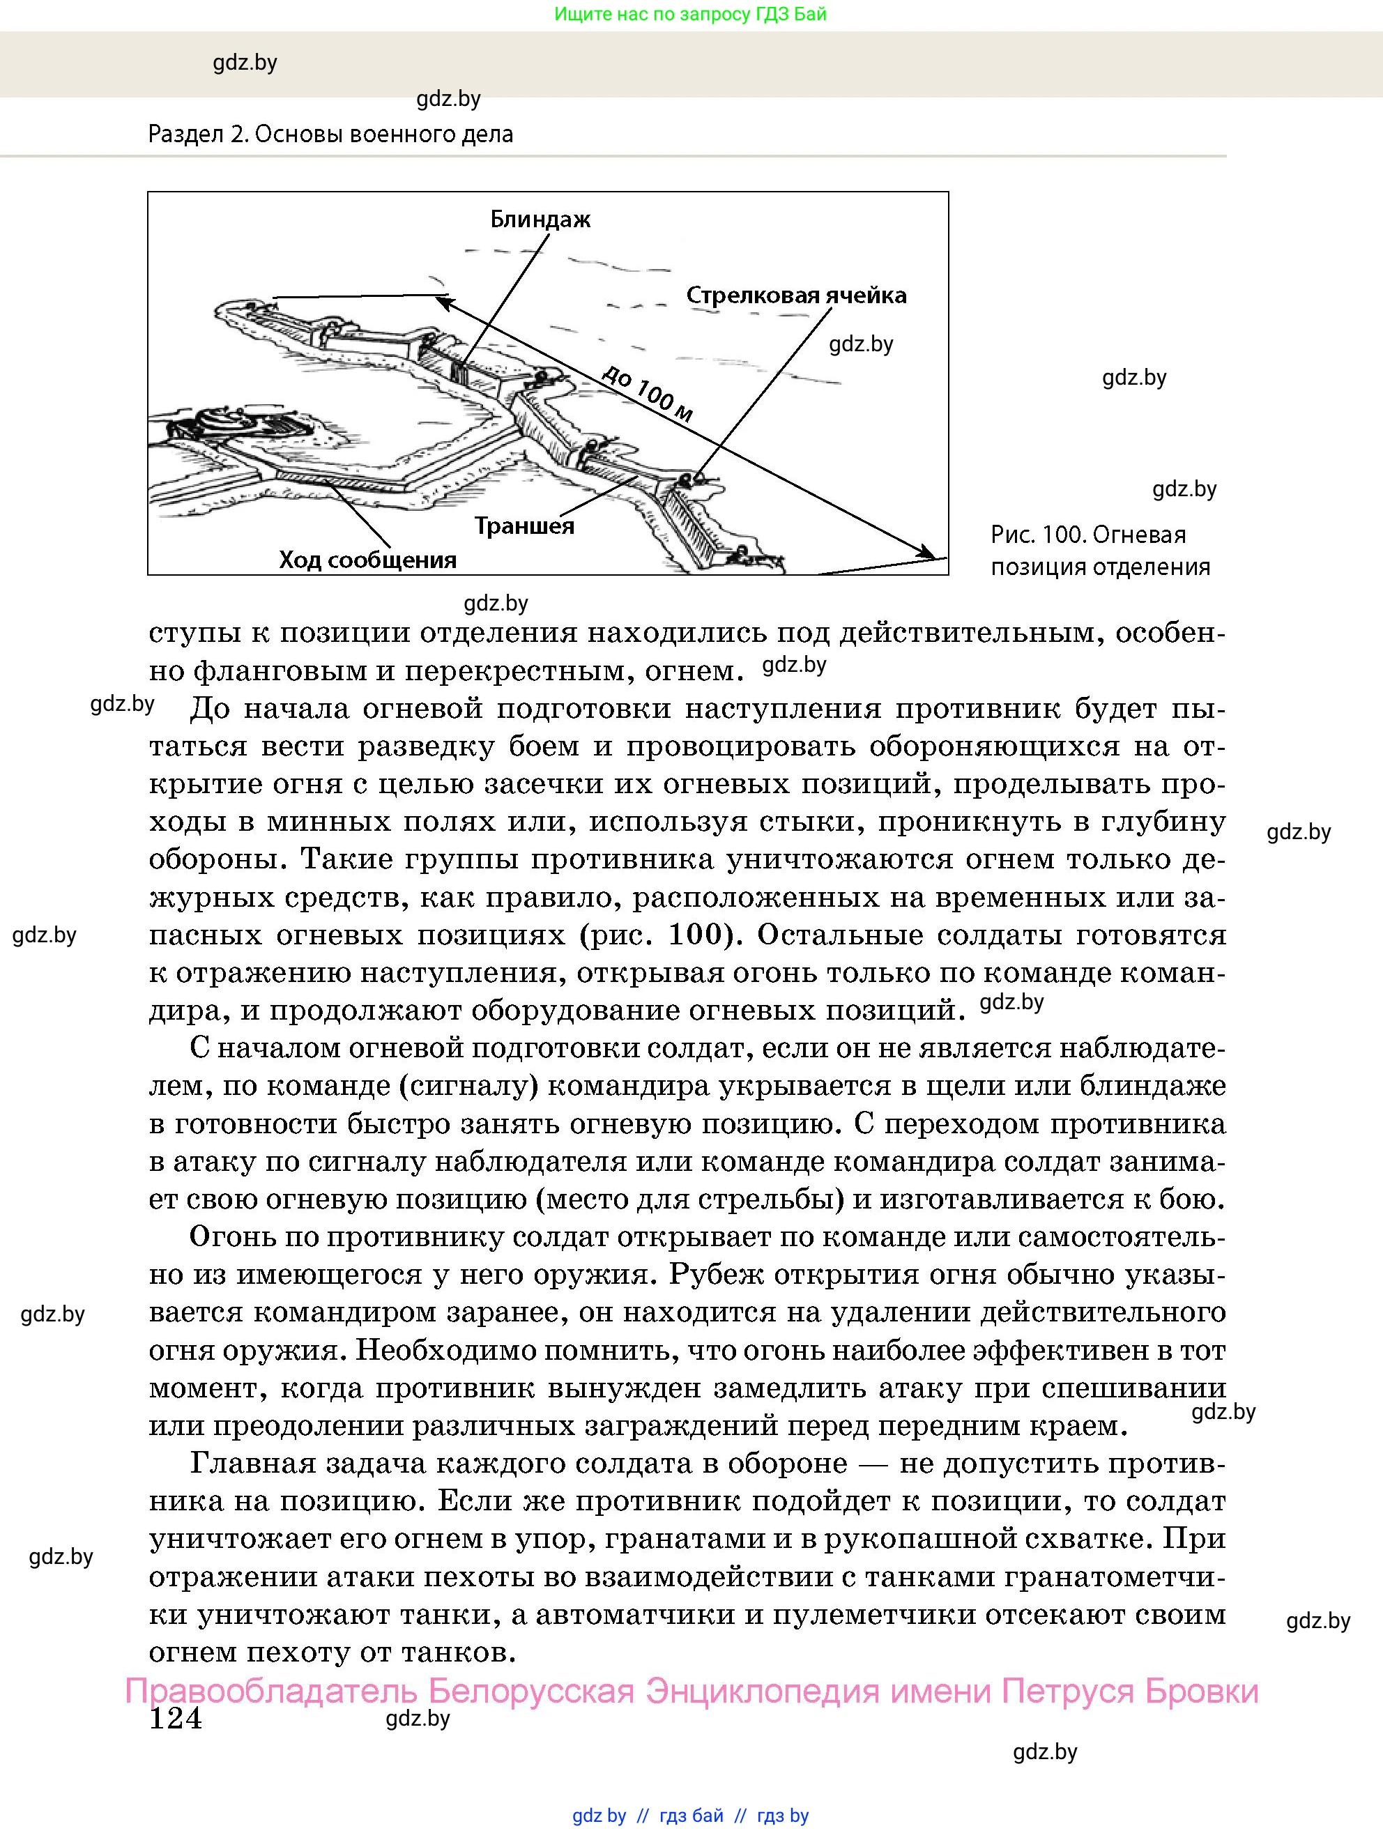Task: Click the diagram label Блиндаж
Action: click(540, 220)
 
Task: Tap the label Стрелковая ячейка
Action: click(795, 295)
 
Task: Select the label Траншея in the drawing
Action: click(524, 526)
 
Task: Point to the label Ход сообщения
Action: click(367, 560)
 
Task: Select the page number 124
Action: click(175, 1718)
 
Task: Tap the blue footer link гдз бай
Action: click(691, 1816)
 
